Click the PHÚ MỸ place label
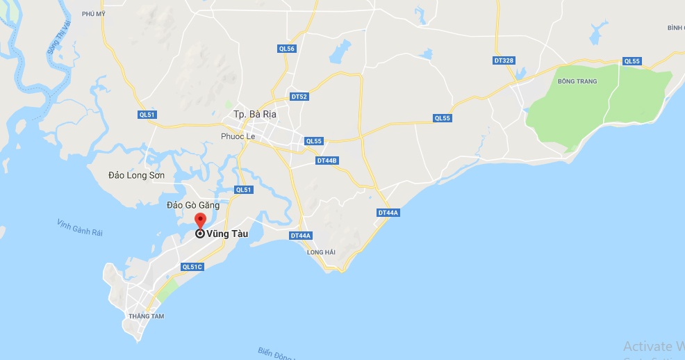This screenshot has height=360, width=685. (93, 13)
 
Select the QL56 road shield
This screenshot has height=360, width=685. (287, 49)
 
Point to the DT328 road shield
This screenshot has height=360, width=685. (504, 60)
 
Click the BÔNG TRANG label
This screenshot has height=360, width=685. (577, 81)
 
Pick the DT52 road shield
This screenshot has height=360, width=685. (299, 97)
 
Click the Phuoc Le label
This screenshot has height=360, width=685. (238, 136)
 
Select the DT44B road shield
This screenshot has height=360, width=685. (327, 161)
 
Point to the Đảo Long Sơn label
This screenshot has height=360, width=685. (137, 175)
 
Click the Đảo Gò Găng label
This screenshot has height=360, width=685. (193, 205)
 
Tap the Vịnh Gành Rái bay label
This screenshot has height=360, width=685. (80, 228)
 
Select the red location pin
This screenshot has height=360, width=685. (200, 222)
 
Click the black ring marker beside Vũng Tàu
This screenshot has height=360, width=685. (200, 234)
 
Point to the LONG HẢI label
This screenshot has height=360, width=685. (321, 252)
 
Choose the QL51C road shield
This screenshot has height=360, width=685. (191, 267)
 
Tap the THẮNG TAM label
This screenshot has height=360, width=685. (145, 316)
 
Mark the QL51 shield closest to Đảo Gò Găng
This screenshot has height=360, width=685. (243, 190)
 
